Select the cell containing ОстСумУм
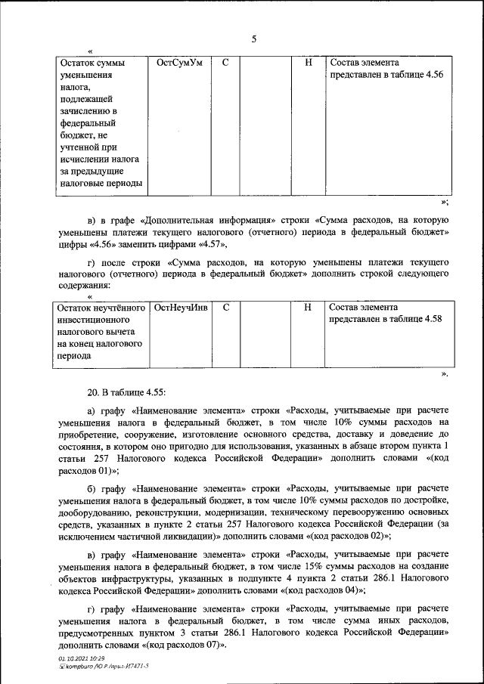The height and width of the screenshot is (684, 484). (179, 63)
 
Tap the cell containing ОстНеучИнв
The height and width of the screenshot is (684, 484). (180, 308)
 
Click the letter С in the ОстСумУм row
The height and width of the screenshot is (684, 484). (226, 63)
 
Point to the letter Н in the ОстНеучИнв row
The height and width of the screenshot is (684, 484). (308, 308)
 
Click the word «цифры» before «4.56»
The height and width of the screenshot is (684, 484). (73, 244)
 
